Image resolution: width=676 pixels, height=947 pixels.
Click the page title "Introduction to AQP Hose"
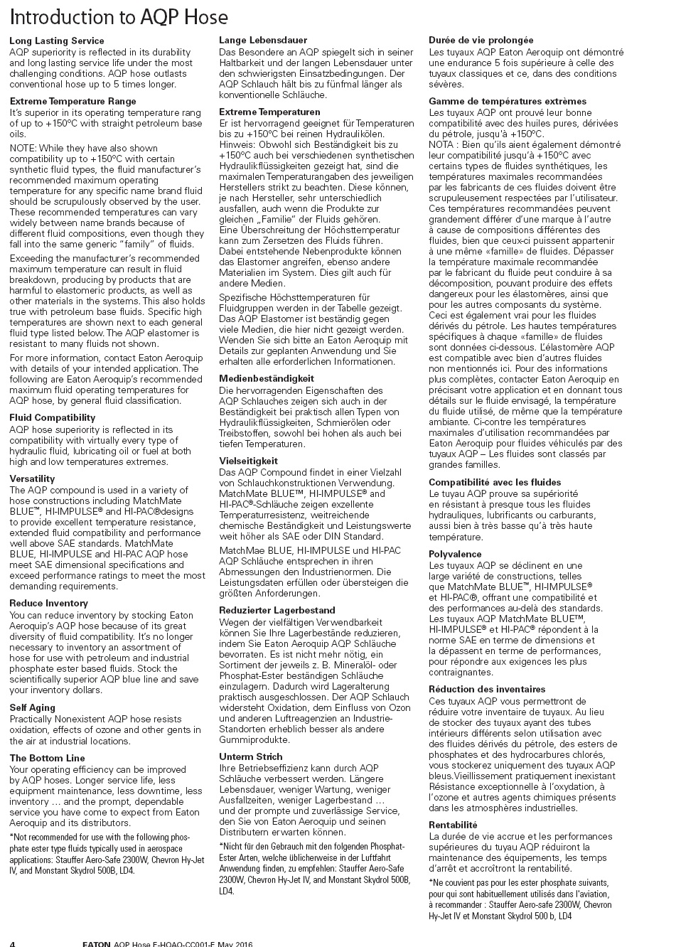[x=119, y=16]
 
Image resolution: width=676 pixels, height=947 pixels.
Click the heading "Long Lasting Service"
[x=57, y=41]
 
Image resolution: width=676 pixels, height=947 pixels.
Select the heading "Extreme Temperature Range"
[x=73, y=102]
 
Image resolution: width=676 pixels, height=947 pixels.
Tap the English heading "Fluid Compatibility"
[x=53, y=418]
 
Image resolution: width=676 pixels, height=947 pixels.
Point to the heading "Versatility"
[x=32, y=479]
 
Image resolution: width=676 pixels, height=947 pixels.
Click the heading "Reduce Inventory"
[x=48, y=604]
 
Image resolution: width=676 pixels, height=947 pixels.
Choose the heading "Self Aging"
[x=33, y=708]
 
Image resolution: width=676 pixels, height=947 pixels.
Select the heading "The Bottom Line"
[x=47, y=759]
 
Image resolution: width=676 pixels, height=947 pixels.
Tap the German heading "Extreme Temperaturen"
[x=269, y=112]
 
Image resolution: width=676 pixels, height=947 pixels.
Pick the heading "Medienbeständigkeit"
[x=267, y=379]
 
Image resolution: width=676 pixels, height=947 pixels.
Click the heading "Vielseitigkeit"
[x=248, y=461]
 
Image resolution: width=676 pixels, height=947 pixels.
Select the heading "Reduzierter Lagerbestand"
[x=277, y=611]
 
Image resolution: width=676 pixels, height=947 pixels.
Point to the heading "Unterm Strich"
[x=251, y=757]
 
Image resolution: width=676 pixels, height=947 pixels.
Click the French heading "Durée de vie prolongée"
[x=481, y=41]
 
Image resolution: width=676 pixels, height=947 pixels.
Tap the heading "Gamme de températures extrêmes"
[x=508, y=102]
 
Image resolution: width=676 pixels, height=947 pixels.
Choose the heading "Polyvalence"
[x=455, y=555]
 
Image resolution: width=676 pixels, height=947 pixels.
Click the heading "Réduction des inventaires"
[x=487, y=690]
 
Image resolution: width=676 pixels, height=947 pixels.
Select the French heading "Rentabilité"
[x=453, y=825]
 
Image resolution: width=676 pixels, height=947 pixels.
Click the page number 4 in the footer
[x=13, y=943]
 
